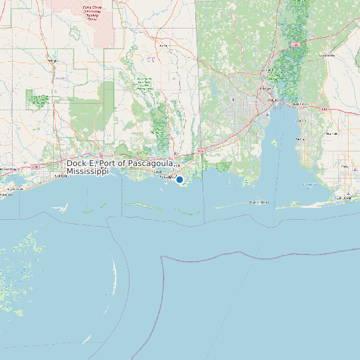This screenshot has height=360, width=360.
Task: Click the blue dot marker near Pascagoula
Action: tap(179, 179)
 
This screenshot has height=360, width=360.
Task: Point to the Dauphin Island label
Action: tap(258, 202)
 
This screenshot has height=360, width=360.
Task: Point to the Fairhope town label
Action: tap(300, 139)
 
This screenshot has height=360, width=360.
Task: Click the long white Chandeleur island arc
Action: tap(113, 272)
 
